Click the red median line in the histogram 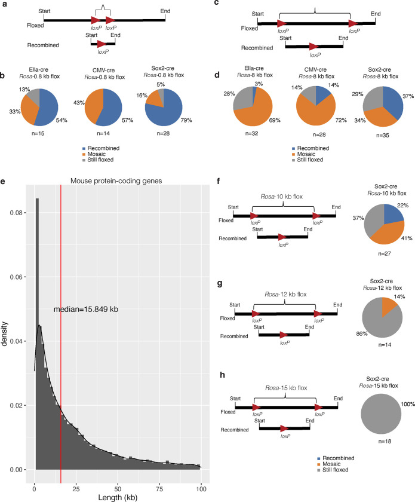pyautogui.click(x=61, y=299)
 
